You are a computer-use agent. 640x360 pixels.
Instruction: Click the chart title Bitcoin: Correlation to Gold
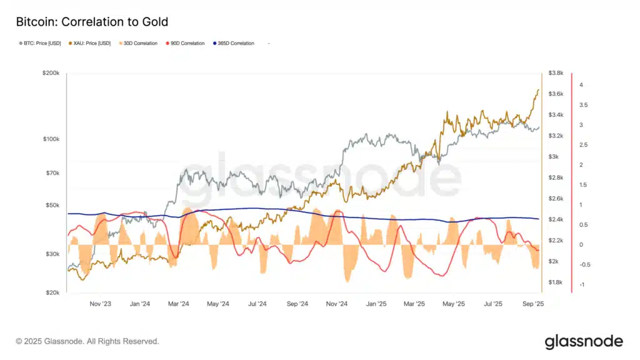coord(92,22)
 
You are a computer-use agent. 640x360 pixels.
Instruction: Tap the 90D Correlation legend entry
coord(187,43)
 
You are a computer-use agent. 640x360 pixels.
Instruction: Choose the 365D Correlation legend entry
coord(234,43)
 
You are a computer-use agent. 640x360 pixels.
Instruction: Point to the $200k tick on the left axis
coord(51,73)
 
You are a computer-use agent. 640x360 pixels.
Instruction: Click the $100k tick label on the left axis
coord(51,138)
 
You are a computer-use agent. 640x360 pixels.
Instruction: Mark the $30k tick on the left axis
coord(52,254)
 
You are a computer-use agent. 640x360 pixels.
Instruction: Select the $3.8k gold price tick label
coord(556,73)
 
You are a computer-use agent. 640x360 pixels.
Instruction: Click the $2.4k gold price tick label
coord(556,219)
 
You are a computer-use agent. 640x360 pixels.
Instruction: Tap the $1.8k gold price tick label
coord(556,282)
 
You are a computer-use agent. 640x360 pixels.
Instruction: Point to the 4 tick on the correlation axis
coord(581,85)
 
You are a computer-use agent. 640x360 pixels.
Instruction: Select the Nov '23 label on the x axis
coord(101,304)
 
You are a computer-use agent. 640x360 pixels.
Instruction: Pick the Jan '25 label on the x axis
coord(376,304)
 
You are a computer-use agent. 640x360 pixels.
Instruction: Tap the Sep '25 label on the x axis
coord(532,304)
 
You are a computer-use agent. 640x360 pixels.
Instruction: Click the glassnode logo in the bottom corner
coord(584,341)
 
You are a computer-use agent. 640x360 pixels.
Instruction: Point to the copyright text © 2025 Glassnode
coord(87,342)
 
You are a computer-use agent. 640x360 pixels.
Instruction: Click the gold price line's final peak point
coord(538,89)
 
